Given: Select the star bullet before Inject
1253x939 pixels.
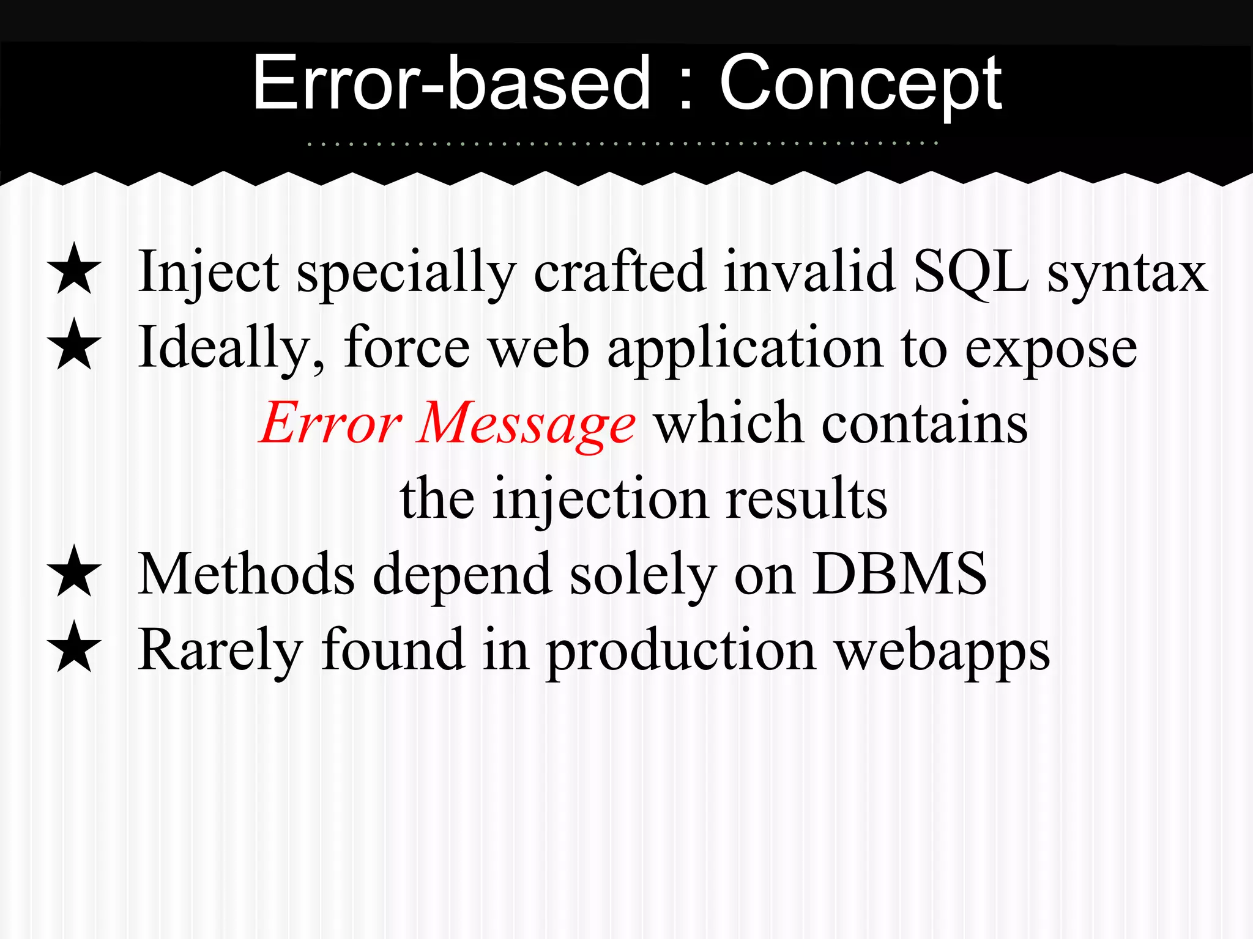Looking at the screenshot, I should click(74, 269).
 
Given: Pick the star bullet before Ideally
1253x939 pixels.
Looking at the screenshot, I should click(74, 345).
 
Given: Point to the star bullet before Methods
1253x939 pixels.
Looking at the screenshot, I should click(74, 572).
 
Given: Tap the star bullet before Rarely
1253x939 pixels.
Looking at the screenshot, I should click(74, 647).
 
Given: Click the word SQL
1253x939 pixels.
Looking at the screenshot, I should click(970, 272).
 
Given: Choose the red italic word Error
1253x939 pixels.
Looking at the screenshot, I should click(330, 424).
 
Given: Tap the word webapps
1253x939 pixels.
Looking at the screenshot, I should click(942, 652).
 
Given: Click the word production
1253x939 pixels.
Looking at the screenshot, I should click(681, 652).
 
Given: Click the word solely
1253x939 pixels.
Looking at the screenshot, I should click(642, 575).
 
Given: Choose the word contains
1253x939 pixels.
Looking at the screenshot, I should click(924, 423).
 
